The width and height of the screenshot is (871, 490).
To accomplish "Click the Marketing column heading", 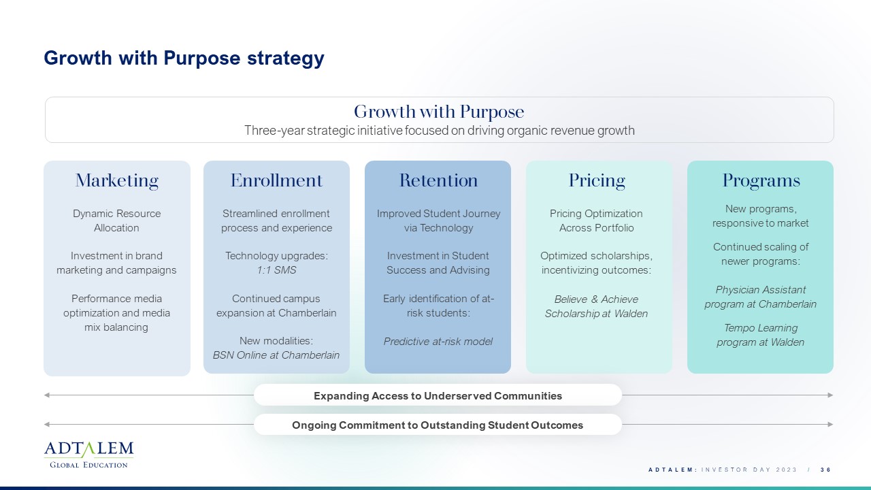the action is (116, 180).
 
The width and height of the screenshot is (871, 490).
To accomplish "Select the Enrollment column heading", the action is (276, 180).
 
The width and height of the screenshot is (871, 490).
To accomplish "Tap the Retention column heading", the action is (438, 180).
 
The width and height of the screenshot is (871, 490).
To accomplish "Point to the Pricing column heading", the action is (597, 181).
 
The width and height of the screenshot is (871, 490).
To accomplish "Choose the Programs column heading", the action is (761, 181).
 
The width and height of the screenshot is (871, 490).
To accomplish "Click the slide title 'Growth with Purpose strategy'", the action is (184, 59).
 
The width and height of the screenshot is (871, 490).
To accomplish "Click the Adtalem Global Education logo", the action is (88, 455).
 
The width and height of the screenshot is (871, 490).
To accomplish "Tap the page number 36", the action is (825, 470).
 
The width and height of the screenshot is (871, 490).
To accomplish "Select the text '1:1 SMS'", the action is (276, 270).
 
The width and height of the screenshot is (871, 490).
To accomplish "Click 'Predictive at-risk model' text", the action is (438, 342).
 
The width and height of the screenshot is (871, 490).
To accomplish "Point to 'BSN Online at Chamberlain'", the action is (276, 355).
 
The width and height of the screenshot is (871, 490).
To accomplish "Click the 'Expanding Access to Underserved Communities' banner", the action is (438, 395).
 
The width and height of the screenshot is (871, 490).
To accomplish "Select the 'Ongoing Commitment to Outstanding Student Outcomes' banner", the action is (438, 425).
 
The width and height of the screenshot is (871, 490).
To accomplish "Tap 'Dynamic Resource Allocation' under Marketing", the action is (116, 220).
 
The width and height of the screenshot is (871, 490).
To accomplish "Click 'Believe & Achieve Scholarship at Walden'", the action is (597, 306).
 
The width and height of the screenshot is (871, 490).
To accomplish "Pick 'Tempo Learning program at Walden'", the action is (761, 335).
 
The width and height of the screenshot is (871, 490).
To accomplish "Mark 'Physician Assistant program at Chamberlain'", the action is (761, 297).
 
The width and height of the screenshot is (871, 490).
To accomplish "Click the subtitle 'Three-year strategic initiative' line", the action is (440, 130).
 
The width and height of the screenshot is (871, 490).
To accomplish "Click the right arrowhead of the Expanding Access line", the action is (830, 395).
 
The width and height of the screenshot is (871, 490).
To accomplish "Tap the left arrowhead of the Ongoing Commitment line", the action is (47, 424).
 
